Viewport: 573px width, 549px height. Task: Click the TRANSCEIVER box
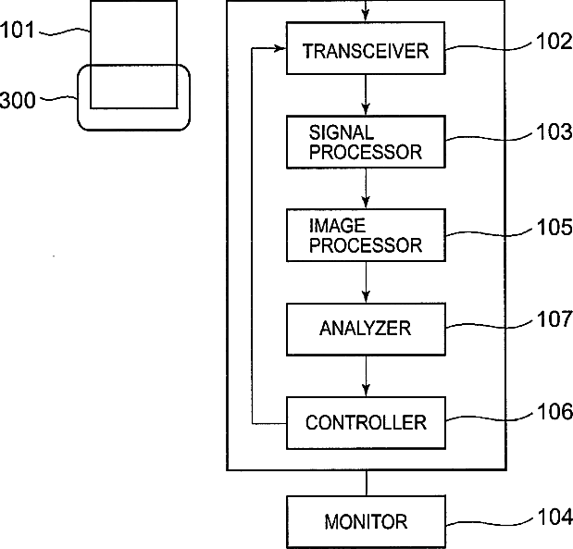[366, 48]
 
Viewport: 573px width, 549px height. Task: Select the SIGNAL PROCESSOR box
[366, 142]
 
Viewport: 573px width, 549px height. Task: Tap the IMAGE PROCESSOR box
[366, 235]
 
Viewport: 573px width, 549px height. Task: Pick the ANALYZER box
[366, 329]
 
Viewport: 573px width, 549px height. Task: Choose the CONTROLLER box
[366, 423]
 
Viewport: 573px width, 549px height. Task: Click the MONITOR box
[366, 521]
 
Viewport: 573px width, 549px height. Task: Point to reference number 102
[554, 41]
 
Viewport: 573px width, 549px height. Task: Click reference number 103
[554, 131]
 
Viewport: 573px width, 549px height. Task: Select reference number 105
[554, 227]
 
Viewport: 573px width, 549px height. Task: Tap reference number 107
[554, 318]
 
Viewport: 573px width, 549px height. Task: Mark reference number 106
[554, 412]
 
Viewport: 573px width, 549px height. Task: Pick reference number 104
[554, 518]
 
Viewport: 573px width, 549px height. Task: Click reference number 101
[17, 30]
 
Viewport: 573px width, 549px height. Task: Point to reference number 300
[18, 100]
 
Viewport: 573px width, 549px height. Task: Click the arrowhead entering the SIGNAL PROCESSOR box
[366, 109]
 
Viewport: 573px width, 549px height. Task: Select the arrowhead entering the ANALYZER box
[366, 296]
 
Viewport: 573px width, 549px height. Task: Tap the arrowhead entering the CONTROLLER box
[366, 391]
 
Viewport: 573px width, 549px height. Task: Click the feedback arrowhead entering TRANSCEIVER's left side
[280, 48]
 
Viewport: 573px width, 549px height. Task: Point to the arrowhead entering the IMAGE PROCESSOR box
[366, 203]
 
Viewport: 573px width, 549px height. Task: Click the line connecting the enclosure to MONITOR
[367, 483]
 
